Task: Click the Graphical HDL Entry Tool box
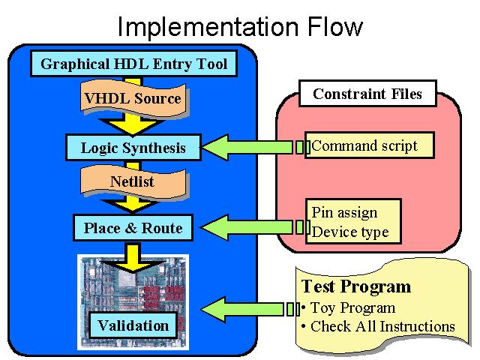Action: tap(133, 64)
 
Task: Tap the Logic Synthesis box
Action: tap(133, 148)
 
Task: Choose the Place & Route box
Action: tap(133, 228)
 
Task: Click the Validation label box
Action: tap(133, 325)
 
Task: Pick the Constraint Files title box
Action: tap(367, 94)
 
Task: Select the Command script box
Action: tap(370, 145)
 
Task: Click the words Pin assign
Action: tap(344, 212)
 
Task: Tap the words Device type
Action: tap(350, 232)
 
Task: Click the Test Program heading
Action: tap(356, 286)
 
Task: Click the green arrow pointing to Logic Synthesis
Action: tap(255, 147)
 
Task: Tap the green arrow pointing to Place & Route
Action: tap(255, 227)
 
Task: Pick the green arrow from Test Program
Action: tap(250, 309)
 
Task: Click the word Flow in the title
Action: tap(335, 27)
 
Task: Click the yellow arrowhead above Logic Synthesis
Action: tap(133, 126)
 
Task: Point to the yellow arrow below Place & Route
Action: tap(133, 258)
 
